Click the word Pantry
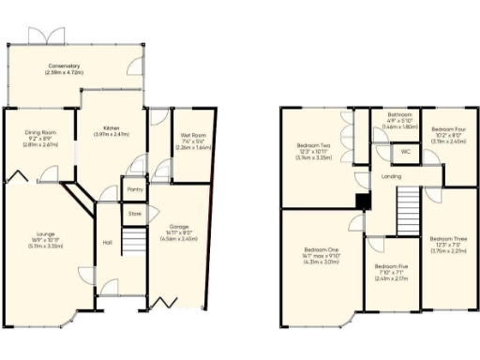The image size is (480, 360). (x=133, y=188)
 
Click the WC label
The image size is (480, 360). (x=406, y=151)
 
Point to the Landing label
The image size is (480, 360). (x=392, y=176)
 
